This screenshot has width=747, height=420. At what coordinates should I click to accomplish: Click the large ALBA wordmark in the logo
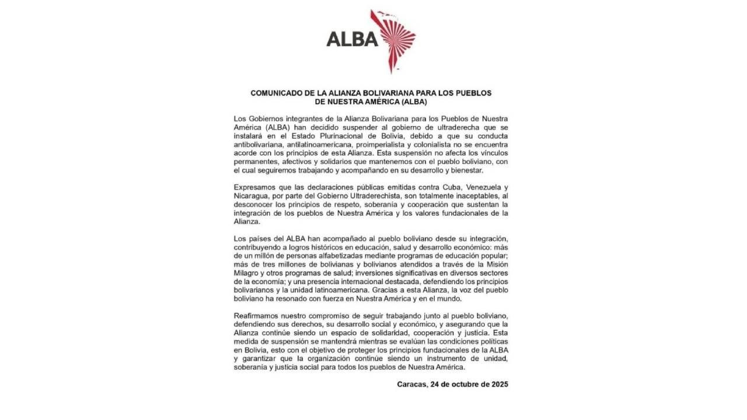[352, 38]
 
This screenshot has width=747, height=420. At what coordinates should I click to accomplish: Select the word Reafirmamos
[257, 316]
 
